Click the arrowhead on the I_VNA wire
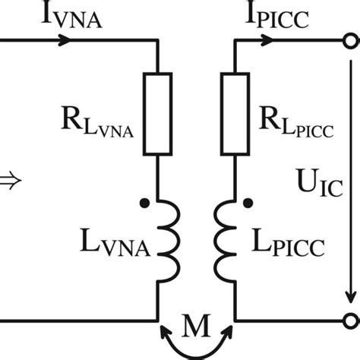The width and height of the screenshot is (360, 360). coord(71,40)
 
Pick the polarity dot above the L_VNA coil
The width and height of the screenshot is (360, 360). coord(142,203)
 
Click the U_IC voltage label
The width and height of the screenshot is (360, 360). coord(311,183)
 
